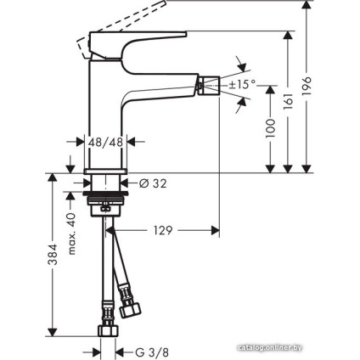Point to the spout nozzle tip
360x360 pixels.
pyautogui.click(x=203, y=84)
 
